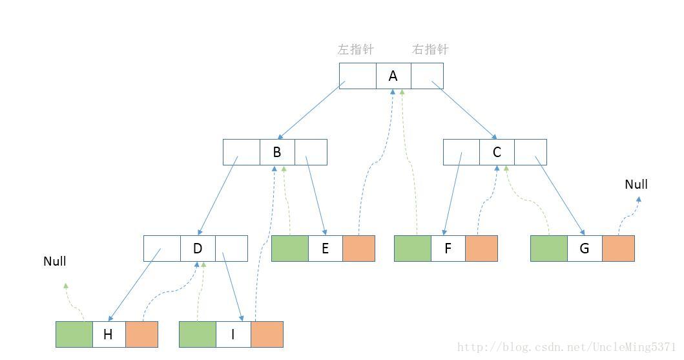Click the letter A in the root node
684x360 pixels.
coord(393,76)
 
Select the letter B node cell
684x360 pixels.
coord(277,153)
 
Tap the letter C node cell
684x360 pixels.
coord(497,153)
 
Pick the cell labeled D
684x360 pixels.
coord(198,248)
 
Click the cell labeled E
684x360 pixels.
coord(325,249)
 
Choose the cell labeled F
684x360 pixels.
coord(448,249)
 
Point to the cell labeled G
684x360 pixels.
coord(585,249)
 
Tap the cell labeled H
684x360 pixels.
coord(109,334)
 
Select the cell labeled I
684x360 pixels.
coord(233,334)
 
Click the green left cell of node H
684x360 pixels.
coord(74,334)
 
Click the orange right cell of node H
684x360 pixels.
coord(141,334)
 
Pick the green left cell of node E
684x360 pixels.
coord(290,249)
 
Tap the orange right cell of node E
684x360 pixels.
coord(358,249)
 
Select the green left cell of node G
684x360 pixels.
coord(549,249)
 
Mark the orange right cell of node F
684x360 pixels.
coord(481,249)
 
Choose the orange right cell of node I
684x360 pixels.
coord(267,334)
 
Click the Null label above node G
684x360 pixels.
coord(636,185)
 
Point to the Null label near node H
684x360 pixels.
coord(55,262)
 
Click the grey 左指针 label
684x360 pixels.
coord(356,50)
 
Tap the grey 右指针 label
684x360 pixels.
coord(430,50)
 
